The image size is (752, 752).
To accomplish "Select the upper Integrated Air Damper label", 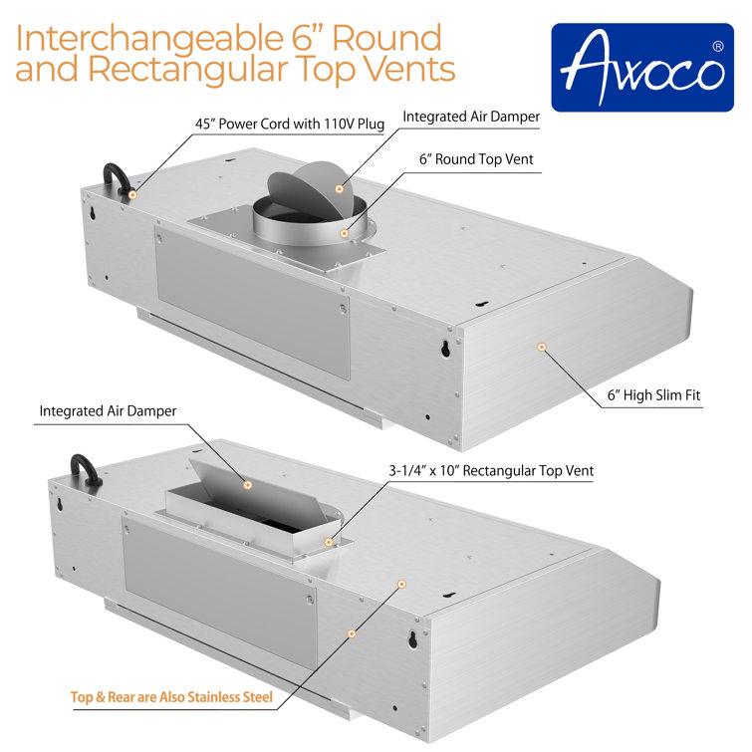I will tap(471, 117).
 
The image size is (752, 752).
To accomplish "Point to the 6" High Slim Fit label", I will tap(653, 395).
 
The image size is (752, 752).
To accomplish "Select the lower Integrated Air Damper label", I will tap(108, 410).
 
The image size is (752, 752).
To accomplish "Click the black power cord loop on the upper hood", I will tap(112, 180).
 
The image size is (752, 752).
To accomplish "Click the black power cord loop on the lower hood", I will tap(85, 469).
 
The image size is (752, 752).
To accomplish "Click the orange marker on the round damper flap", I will tap(340, 187).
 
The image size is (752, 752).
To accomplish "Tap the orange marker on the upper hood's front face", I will tap(542, 347).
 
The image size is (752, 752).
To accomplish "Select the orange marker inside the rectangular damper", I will tap(248, 485).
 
